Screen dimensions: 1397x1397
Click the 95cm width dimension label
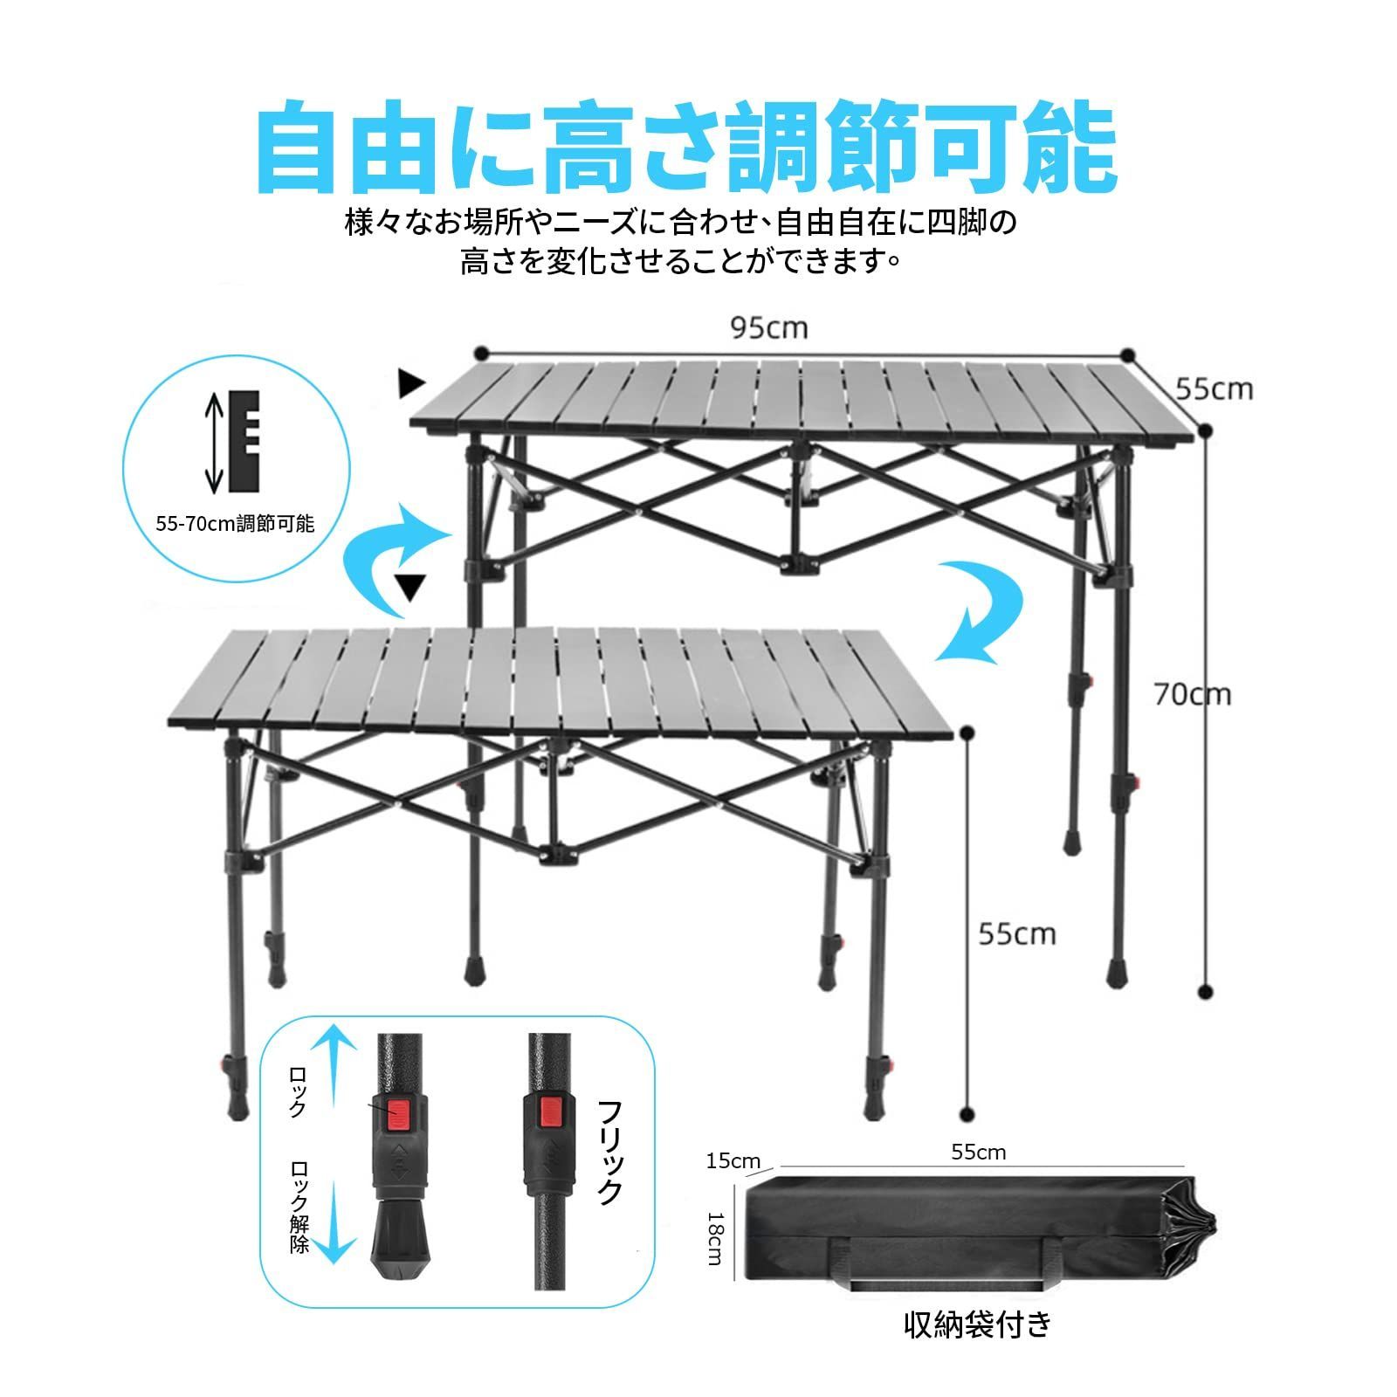(x=769, y=328)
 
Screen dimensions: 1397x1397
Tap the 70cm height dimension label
(x=1192, y=695)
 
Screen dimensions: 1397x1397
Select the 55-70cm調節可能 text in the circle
(x=235, y=525)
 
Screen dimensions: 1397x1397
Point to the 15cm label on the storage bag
(x=733, y=1162)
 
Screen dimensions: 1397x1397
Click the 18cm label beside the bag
(x=714, y=1238)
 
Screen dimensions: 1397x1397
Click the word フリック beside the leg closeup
(x=609, y=1153)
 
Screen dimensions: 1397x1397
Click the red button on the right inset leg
(x=549, y=1111)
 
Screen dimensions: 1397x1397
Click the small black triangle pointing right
(x=411, y=382)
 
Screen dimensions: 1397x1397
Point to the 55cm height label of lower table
(x=1017, y=934)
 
